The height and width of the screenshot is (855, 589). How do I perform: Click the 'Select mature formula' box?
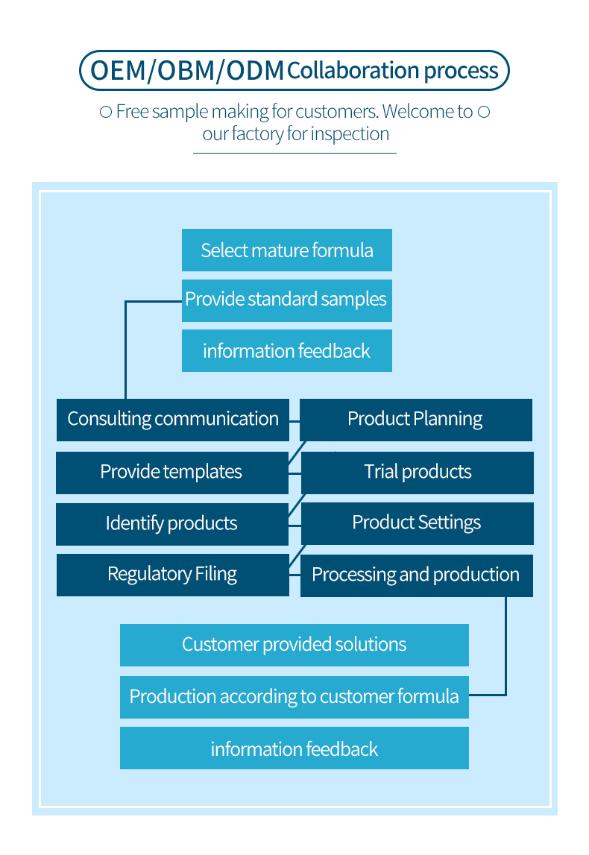coord(287,250)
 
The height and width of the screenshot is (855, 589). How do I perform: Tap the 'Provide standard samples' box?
coord(287,300)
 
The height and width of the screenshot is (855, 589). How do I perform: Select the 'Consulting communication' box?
coord(173,420)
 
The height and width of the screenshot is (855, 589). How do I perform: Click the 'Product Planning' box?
coord(416,420)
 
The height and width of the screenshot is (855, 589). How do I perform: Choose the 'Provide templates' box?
coord(172,473)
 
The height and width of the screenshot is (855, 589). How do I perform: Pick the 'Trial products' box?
coord(418,473)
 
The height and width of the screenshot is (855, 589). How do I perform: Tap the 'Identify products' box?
coord(172,524)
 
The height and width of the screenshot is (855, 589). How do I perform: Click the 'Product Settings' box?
coord(418,523)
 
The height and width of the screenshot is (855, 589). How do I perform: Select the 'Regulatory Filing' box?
coord(173,575)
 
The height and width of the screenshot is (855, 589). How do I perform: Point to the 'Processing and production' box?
coord(417,575)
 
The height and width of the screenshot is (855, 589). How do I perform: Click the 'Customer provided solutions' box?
coord(294,645)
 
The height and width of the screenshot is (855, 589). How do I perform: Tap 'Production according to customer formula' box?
coord(294,698)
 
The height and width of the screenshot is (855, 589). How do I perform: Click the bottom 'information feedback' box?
coord(294,748)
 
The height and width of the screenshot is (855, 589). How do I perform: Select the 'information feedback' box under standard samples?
coord(287,350)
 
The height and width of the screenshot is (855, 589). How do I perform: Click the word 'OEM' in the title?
coord(119,71)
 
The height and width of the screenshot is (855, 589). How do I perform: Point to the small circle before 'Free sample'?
coord(106,113)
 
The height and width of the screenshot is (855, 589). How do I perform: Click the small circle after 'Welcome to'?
coord(484,112)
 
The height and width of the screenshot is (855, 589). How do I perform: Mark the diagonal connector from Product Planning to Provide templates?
coord(297,452)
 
